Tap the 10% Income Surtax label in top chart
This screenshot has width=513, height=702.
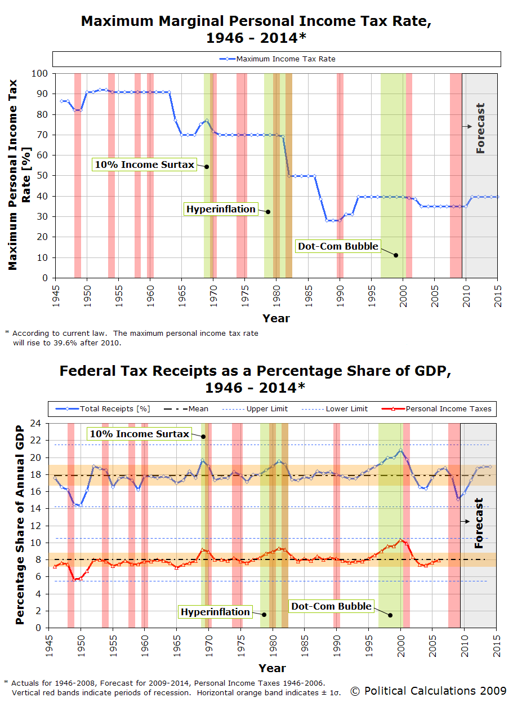[144, 165]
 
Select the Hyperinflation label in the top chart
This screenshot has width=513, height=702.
[221, 210]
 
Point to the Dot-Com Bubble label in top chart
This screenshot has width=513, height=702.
[338, 246]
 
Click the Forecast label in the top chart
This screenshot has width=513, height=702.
[480, 128]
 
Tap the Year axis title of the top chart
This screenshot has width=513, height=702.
[276, 318]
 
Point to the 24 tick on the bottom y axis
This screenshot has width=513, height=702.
[35, 423]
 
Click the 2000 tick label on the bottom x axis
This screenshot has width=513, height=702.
[400, 643]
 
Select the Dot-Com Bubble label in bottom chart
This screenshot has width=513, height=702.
[331, 607]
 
